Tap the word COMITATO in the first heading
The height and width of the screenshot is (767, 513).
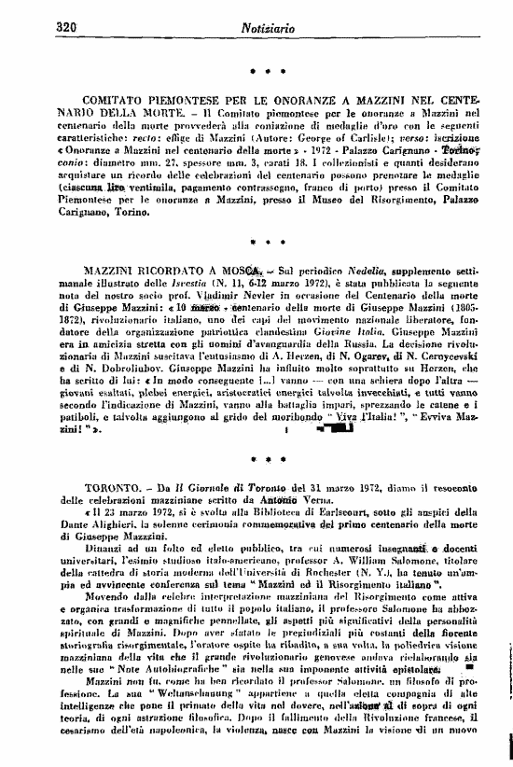point(118,96)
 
